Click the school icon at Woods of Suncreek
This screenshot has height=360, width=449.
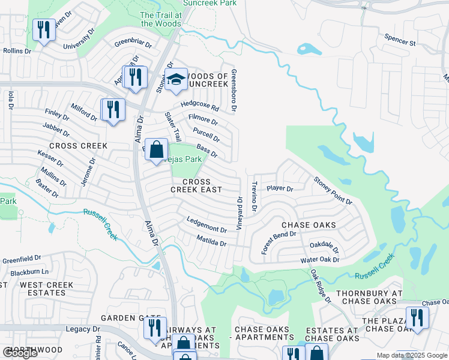175,80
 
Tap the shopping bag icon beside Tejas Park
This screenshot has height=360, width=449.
156,149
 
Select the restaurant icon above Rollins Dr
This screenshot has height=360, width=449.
43,30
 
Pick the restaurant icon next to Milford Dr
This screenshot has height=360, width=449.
112,110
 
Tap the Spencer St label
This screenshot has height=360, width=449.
400,43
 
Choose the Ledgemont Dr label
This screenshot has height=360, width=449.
206,225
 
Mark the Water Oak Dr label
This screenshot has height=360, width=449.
319,260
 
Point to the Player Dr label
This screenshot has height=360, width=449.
280,188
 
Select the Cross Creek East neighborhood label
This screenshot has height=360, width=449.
196,185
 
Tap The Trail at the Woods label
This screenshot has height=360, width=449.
160,19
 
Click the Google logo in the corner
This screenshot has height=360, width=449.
20,353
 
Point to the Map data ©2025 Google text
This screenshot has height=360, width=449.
411,355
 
